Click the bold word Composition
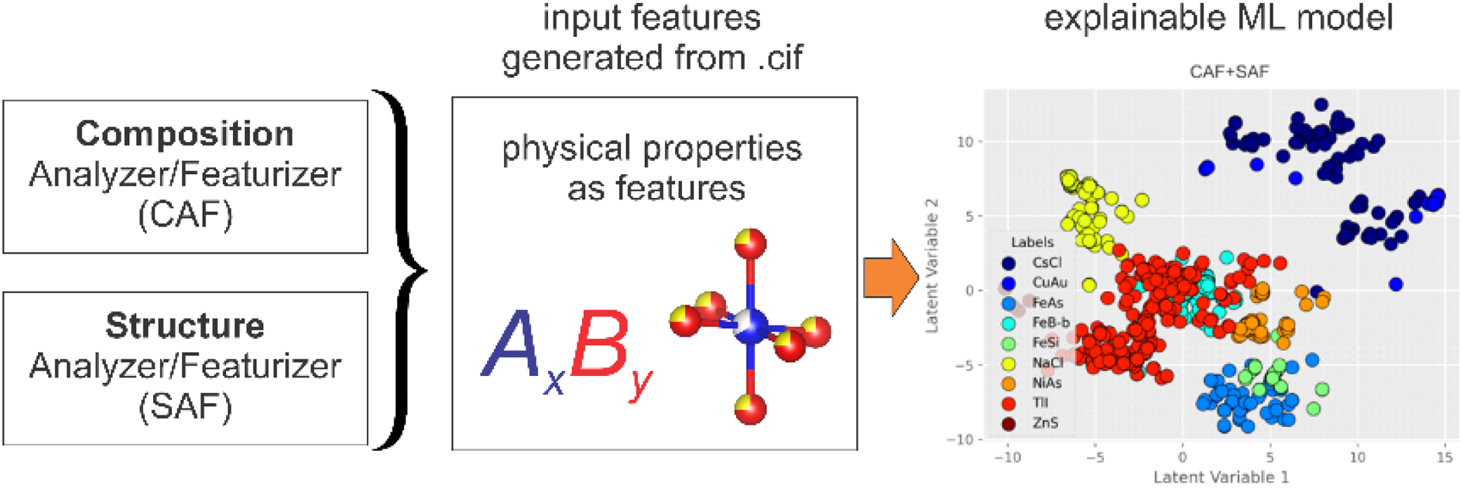click(x=185, y=134)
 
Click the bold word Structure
click(x=185, y=326)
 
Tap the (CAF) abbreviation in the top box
click(x=185, y=214)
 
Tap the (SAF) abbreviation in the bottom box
click(x=185, y=406)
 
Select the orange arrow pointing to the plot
click(x=891, y=277)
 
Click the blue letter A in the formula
click(x=512, y=343)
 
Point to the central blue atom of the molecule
click(x=750, y=327)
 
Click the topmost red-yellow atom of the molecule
click(x=750, y=244)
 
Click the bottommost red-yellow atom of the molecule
click(x=750, y=408)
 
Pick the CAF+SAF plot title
click(x=1229, y=72)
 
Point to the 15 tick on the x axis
click(x=1444, y=458)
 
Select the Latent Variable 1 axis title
click(x=1221, y=477)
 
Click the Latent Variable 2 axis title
click(x=932, y=266)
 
